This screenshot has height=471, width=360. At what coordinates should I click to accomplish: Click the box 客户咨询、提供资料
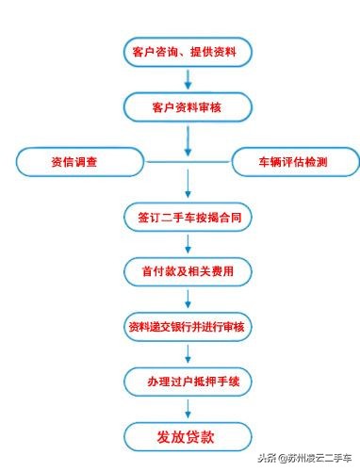click(x=188, y=53)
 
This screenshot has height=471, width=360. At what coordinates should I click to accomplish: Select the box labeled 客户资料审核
click(x=188, y=108)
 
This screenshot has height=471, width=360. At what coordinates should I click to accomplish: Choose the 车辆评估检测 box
click(x=293, y=162)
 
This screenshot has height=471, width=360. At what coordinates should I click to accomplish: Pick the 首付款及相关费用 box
click(x=188, y=271)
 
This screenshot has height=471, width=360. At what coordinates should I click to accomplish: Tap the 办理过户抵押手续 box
click(x=188, y=381)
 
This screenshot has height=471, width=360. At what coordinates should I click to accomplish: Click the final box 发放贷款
click(x=188, y=436)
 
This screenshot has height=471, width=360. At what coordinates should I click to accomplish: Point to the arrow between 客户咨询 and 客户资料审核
click(x=188, y=81)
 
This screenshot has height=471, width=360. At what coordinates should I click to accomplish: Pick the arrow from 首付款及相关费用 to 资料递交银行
click(x=188, y=299)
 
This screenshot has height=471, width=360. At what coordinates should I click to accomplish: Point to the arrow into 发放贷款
click(x=188, y=408)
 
